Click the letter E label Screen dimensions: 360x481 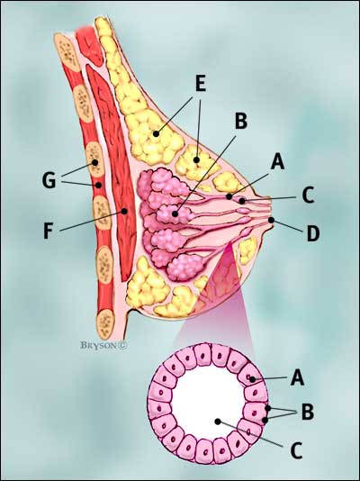coord(201,83)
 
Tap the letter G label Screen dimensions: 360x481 coord(49,180)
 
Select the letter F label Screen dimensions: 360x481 coord(48,231)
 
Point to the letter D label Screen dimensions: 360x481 coord(313,234)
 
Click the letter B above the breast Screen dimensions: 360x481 coord(241,122)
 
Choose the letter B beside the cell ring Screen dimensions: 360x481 coord(308,412)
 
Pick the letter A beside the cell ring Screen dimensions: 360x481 coord(297,377)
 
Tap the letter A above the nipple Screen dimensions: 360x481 coord(277,161)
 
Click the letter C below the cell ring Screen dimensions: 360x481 coord(296,450)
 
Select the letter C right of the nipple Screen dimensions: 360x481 coord(308,195)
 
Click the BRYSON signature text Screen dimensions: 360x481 coord(103,345)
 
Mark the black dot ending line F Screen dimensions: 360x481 coord(124,211)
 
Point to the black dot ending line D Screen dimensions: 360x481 coord(271,220)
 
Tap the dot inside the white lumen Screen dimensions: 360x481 coord(218,422)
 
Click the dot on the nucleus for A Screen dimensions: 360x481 coord(252,379)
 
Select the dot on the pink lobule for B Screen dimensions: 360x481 coord(175,213)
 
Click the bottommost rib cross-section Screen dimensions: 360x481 coord(105,320)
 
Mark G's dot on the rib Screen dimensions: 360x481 coord(95,162)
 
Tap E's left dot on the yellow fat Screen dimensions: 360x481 coord(156,133)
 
